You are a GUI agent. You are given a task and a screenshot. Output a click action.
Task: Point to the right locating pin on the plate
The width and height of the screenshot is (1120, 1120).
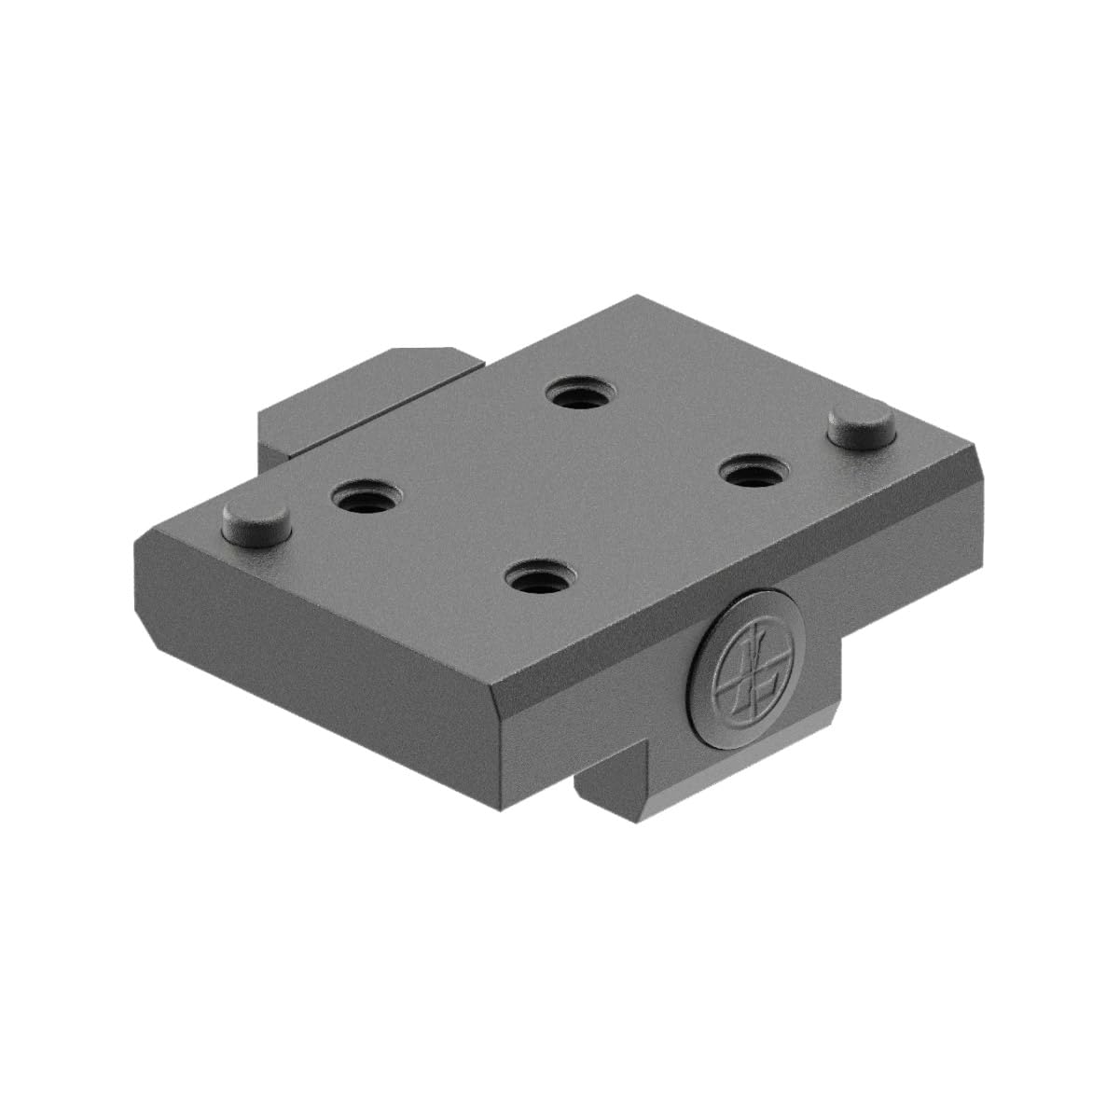[x=863, y=426]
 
